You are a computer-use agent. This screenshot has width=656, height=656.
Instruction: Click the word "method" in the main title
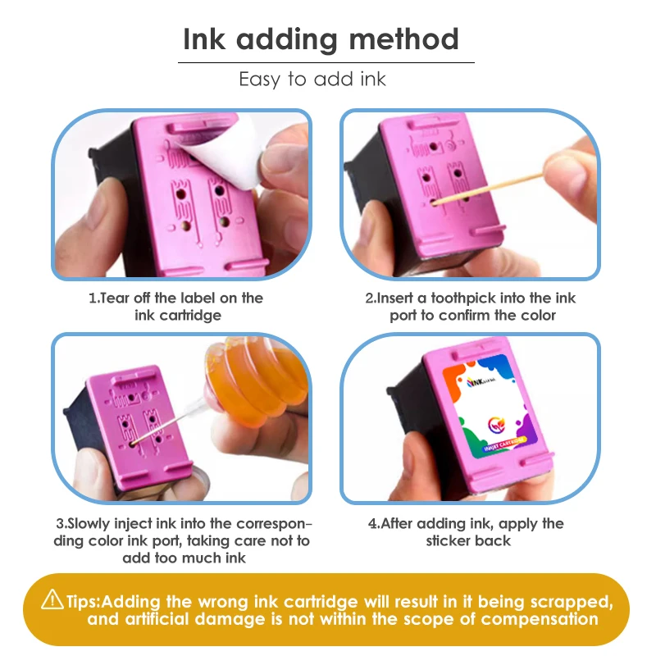403,39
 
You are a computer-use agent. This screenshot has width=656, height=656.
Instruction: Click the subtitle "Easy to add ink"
312,79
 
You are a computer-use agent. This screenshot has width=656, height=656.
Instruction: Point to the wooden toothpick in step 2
486,189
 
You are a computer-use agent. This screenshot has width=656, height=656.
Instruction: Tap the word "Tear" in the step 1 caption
115,298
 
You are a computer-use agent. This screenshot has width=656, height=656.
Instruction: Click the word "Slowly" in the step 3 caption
89,523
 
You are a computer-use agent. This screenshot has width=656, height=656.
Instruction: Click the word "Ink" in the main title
204,39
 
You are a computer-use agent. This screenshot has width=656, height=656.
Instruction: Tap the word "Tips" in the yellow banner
82,602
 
